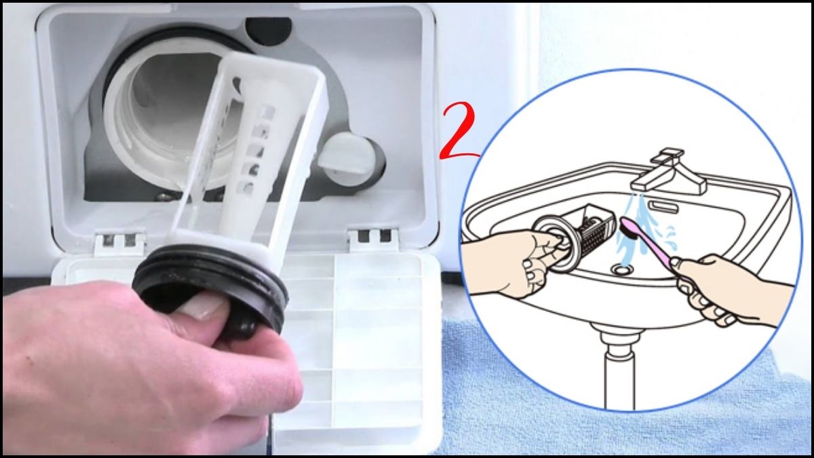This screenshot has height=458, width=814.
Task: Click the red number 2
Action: [459, 132]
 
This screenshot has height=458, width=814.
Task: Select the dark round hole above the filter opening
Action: [267, 30]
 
